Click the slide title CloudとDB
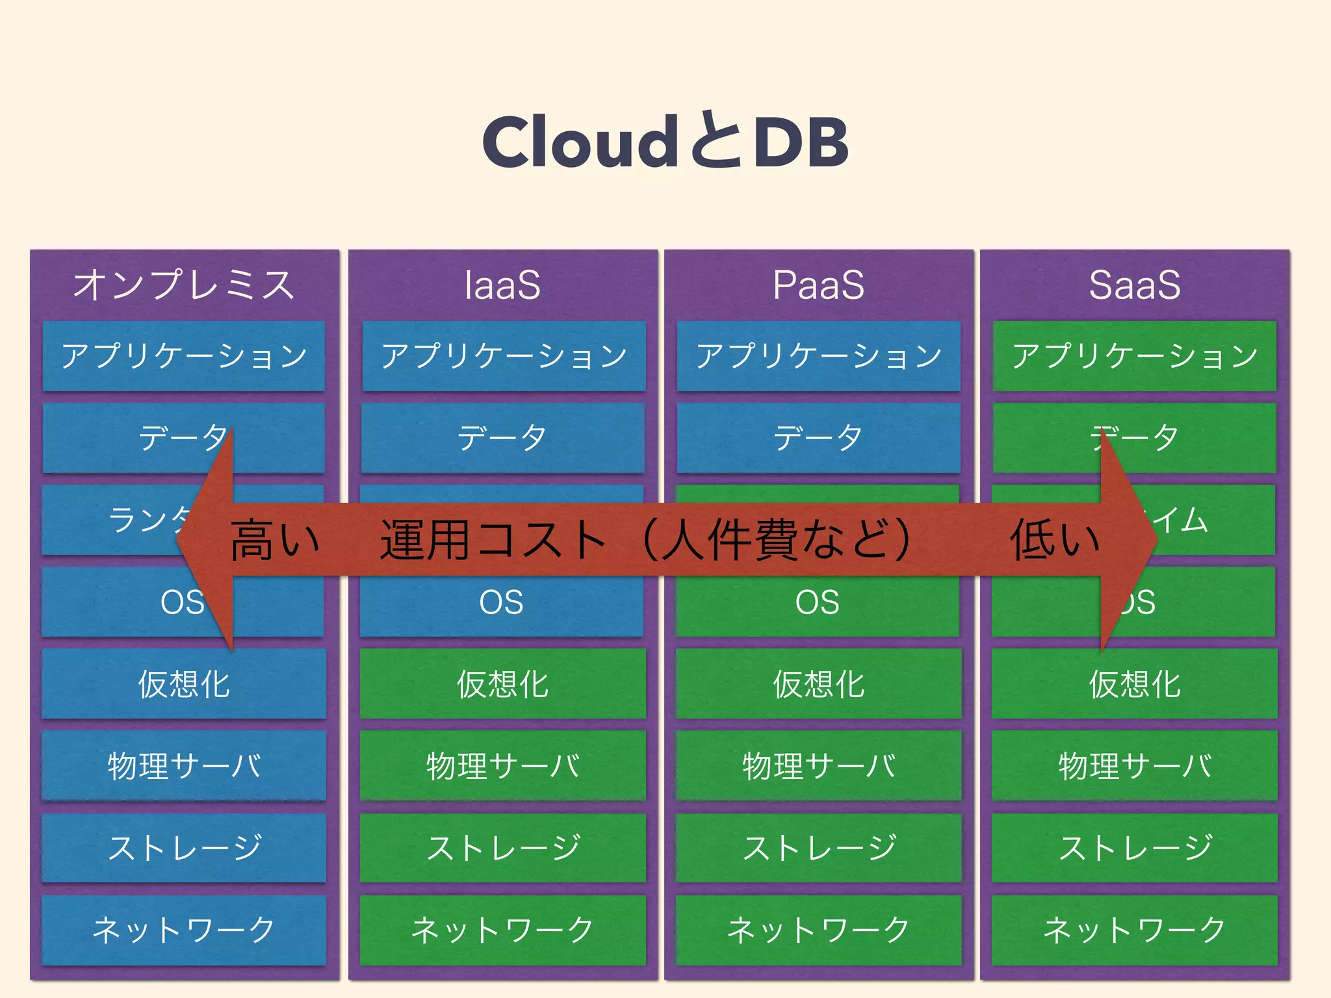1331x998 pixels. (665, 141)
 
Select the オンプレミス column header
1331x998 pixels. (184, 285)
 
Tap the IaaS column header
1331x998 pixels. (502, 285)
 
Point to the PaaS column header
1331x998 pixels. (818, 285)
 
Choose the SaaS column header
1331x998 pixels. (1135, 285)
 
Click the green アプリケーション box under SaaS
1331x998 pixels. (1135, 356)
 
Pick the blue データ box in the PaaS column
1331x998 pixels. (818, 437)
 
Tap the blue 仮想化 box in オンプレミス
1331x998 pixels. (184, 684)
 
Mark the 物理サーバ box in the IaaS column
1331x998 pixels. (502, 765)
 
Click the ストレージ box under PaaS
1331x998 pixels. (818, 848)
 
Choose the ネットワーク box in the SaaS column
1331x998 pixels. (1135, 930)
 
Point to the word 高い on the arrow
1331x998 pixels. (275, 539)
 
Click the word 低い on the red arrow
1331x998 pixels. (1054, 539)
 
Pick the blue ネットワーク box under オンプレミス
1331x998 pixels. (184, 930)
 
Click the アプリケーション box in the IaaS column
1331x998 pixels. (504, 356)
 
